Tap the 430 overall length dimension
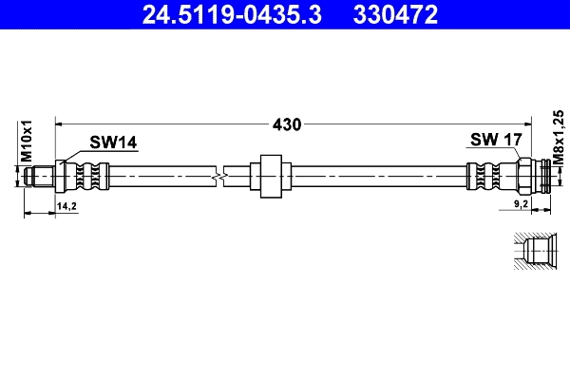click(286, 123)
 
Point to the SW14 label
click(113, 142)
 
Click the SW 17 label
click(496, 140)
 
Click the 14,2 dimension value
click(66, 205)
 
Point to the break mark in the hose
click(220, 176)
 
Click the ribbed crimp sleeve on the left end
click(89, 176)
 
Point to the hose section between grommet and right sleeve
click(375, 176)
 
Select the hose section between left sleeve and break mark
click(161, 176)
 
